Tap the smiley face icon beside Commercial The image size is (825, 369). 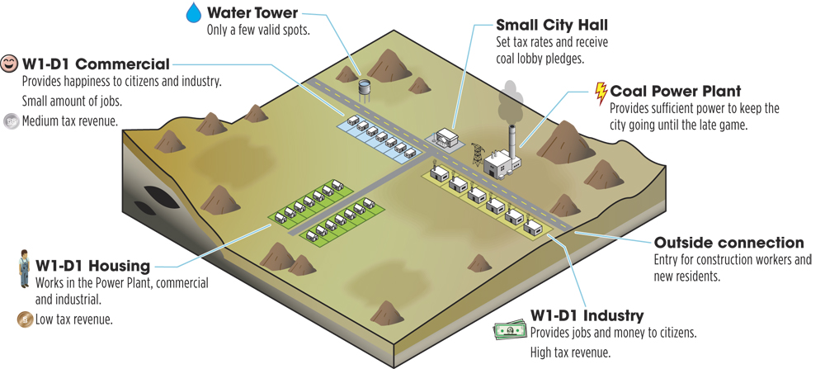click(9, 64)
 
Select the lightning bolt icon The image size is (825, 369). click(601, 92)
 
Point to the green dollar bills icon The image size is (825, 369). click(510, 330)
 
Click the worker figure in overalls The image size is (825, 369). click(25, 268)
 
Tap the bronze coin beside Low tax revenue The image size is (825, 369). click(25, 319)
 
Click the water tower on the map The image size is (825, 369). click(364, 90)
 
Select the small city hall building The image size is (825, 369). click(445, 138)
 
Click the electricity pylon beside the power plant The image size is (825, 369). click(477, 154)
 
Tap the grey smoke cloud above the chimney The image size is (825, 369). click(510, 102)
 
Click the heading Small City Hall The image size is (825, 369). click(552, 25)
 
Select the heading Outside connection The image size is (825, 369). click(728, 243)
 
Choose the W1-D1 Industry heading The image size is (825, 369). click(587, 315)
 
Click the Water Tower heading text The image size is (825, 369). click(252, 12)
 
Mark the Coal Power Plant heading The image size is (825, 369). click(676, 91)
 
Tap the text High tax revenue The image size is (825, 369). click(570, 352)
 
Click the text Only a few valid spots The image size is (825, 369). click(258, 30)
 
